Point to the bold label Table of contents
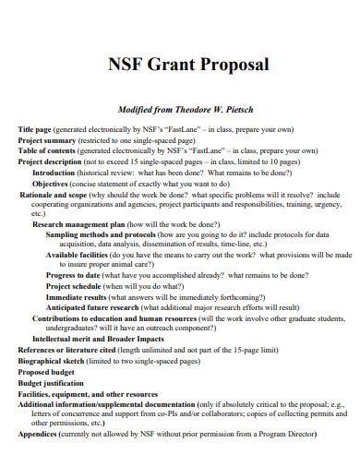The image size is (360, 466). click(47, 150)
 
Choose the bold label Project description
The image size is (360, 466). click(53, 161)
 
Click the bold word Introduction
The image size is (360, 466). click(54, 173)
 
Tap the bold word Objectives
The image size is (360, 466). click(52, 184)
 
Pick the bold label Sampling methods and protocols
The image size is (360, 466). click(100, 235)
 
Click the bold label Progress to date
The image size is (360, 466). click(75, 274)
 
